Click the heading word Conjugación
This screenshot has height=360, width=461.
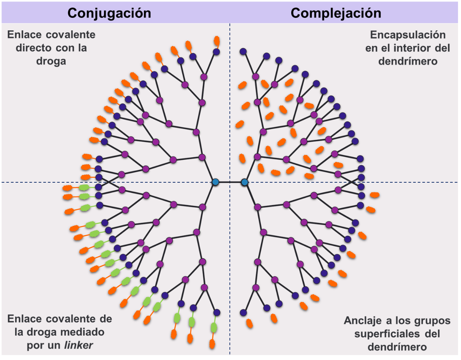tap(109, 13)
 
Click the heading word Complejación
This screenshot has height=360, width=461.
tap(336, 13)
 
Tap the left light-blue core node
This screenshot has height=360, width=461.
tap(215, 182)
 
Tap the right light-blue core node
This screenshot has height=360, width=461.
tap(245, 182)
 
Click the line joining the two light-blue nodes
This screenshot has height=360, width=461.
tap(230, 182)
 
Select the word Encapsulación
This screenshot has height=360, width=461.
tap(407, 35)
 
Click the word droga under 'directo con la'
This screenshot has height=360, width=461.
tap(51, 61)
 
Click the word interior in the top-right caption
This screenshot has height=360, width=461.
tap(410, 48)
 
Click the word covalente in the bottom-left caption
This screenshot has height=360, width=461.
tap(71, 319)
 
